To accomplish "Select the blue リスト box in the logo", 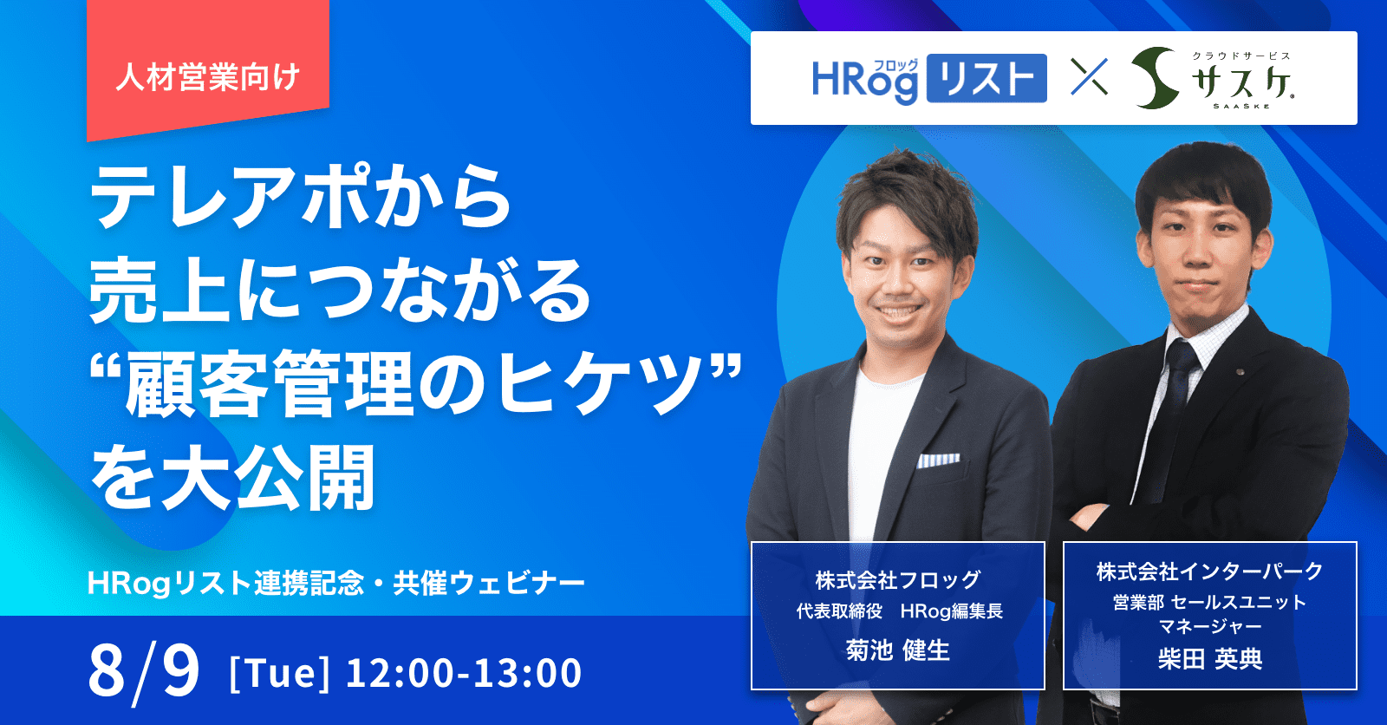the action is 987,79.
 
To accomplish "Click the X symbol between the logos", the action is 1089,77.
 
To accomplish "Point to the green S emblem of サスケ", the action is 1155,78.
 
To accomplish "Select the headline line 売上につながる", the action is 340,290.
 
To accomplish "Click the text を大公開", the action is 233,476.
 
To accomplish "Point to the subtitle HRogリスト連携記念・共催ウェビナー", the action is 335,583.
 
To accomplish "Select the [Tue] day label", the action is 279,673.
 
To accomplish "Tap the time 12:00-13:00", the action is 464,673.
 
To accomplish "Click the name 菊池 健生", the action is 898,650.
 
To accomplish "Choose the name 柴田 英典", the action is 1210,659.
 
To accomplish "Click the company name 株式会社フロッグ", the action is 898,580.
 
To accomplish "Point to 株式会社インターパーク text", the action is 1210,572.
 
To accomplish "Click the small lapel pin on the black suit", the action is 1240,372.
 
